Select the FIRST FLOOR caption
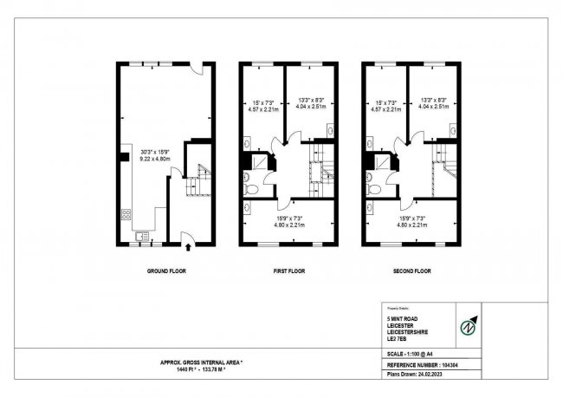point(288,271)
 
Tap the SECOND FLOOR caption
point(411,271)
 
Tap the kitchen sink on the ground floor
point(142,234)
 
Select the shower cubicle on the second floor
point(382,163)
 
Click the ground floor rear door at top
point(198,69)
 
